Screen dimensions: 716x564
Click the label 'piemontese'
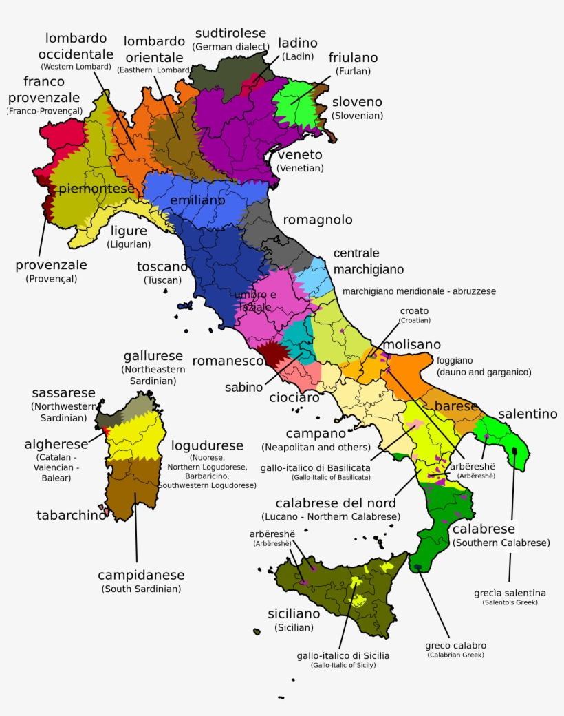click(96, 189)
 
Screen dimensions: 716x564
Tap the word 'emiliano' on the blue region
click(197, 200)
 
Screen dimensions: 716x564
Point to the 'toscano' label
click(162, 266)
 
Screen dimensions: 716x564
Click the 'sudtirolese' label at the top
click(230, 33)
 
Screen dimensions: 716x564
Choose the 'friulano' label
click(353, 58)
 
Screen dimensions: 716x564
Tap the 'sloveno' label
click(357, 102)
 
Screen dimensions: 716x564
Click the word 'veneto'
click(300, 154)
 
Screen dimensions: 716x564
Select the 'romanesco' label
click(228, 361)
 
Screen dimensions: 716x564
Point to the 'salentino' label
click(528, 414)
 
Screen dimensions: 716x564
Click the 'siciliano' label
click(294, 613)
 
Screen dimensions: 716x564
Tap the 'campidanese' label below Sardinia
click(141, 575)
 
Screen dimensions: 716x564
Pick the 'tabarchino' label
click(72, 515)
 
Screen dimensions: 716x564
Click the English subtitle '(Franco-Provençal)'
click(45, 111)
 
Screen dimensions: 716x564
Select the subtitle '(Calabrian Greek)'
click(455, 655)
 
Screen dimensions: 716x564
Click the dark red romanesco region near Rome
click(273, 352)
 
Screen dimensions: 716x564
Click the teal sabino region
click(297, 335)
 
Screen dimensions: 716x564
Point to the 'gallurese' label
click(153, 356)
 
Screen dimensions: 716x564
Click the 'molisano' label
click(412, 344)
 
